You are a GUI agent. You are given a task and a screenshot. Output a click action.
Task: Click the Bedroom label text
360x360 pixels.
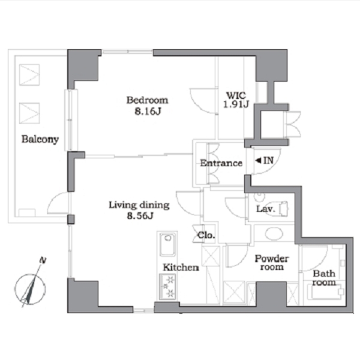pos(147,100)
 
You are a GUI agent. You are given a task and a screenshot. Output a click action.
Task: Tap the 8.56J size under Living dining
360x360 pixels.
pos(140,216)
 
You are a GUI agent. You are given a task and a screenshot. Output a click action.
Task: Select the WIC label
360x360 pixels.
pos(236,95)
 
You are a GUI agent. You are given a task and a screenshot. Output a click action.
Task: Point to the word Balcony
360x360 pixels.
pos(40,139)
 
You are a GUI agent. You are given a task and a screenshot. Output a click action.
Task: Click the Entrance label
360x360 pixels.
pos(221,163)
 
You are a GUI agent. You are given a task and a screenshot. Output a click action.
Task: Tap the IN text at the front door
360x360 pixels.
pos(268,160)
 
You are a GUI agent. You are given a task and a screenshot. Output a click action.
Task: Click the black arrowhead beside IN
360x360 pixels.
pos(258,160)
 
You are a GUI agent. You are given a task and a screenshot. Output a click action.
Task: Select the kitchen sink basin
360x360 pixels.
pos(167,244)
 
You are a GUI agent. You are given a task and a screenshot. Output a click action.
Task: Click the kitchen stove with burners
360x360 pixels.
pos(167,287)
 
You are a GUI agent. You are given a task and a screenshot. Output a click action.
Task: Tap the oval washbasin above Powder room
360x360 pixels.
pos(274,233)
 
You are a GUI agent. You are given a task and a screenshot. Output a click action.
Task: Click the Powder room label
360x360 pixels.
pos(272,263)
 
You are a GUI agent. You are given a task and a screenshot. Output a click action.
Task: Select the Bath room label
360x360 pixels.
pos(324,278)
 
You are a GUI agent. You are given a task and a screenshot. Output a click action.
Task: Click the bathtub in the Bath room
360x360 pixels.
pos(326,292)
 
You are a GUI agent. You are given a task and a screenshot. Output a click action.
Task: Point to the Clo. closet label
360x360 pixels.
pos(206,235)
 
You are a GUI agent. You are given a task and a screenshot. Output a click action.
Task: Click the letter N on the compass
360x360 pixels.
pos(43,260)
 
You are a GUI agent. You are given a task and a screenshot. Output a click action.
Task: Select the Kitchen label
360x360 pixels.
pos(181,268)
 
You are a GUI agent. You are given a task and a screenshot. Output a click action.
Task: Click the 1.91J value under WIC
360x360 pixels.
pos(236,104)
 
